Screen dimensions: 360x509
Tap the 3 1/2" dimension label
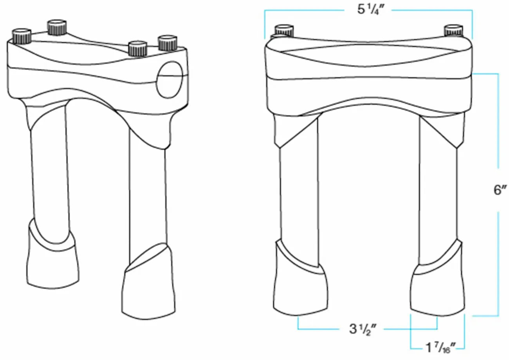[x=363, y=328]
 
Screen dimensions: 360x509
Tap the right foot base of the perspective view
[x=147, y=290]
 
